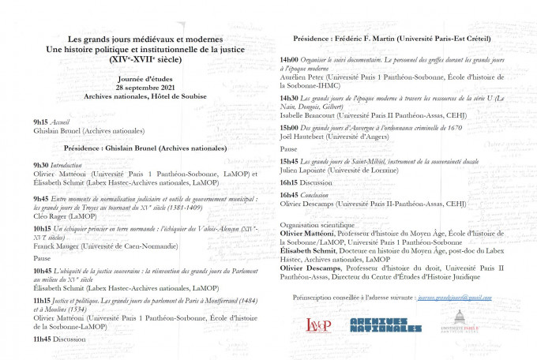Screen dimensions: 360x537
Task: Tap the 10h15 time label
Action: pyautogui.click(x=43, y=227)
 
